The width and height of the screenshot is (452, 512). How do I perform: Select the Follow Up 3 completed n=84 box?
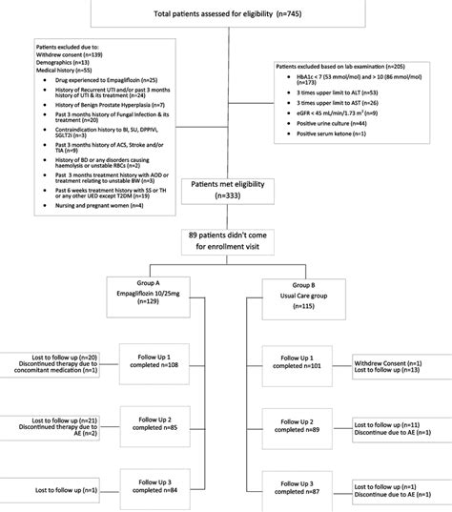click(x=154, y=487)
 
